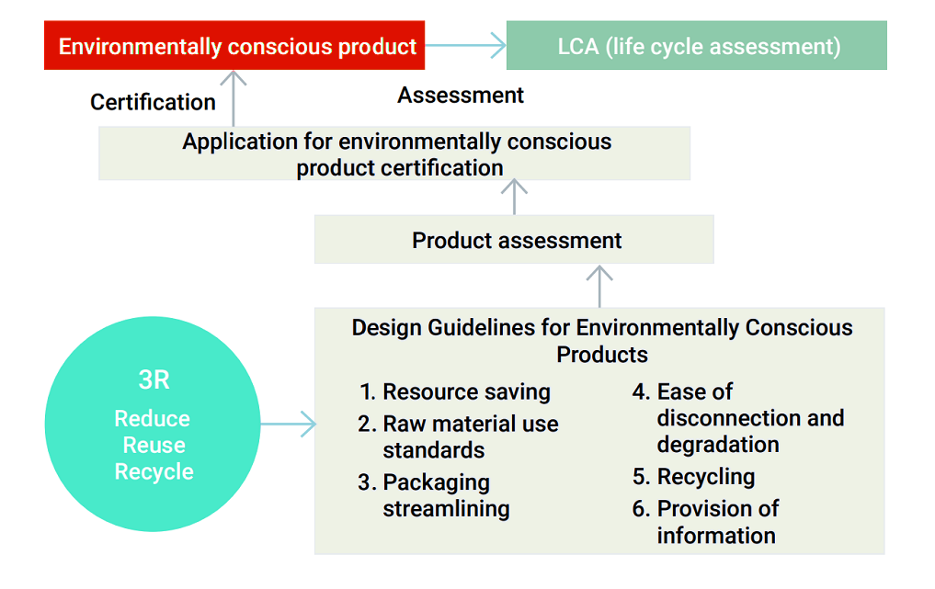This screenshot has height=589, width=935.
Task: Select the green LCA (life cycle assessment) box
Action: point(697,46)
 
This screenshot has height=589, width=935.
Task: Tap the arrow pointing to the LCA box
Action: point(466,45)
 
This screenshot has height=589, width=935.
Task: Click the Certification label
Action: point(153,102)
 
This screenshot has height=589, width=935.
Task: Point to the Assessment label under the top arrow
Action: point(461,95)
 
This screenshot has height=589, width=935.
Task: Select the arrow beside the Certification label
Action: point(234,98)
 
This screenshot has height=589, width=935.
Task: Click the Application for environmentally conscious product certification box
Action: point(394,153)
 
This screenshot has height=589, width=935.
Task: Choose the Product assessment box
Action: point(514,241)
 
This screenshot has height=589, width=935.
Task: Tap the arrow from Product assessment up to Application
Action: point(514,197)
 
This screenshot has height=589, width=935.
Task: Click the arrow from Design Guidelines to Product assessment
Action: point(599,286)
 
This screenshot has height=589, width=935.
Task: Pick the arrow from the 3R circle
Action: point(288,425)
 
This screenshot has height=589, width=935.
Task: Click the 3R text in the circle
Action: point(153,380)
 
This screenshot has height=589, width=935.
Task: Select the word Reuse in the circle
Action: point(154,446)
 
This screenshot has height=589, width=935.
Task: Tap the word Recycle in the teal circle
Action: point(154,472)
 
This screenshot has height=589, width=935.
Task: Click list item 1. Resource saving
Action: point(456,391)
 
